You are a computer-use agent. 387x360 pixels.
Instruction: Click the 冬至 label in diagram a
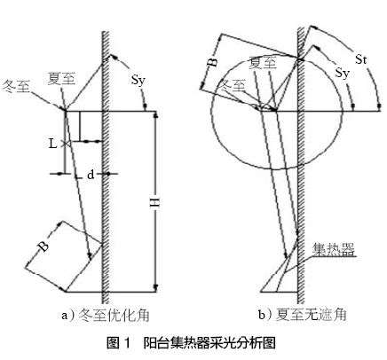click(16, 87)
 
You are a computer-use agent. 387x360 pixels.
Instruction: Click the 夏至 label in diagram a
click(61, 79)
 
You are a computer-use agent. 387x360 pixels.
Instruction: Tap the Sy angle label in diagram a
click(138, 80)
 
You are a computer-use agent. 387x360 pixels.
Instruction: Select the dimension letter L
click(52, 144)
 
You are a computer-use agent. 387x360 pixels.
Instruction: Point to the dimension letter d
click(91, 175)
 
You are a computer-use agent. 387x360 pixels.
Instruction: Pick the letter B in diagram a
click(43, 247)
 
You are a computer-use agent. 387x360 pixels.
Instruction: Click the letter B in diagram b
click(212, 62)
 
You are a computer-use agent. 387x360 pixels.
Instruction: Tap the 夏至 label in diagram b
click(263, 63)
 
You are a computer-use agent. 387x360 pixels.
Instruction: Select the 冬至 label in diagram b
click(232, 86)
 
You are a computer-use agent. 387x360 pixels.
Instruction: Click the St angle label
click(361, 59)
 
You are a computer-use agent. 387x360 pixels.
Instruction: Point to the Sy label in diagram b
click(343, 73)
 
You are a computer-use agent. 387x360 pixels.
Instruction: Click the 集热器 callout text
click(334, 250)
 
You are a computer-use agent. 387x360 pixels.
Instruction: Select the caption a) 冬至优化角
click(106, 316)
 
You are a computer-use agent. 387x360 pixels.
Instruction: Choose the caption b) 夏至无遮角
click(302, 315)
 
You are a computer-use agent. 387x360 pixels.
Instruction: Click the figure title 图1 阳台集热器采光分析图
click(191, 343)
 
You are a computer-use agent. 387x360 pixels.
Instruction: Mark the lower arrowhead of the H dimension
click(156, 287)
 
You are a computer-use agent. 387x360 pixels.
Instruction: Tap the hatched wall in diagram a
click(106, 167)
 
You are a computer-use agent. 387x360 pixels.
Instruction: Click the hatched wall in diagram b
click(301, 166)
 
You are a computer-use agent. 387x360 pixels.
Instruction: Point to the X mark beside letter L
click(66, 144)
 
